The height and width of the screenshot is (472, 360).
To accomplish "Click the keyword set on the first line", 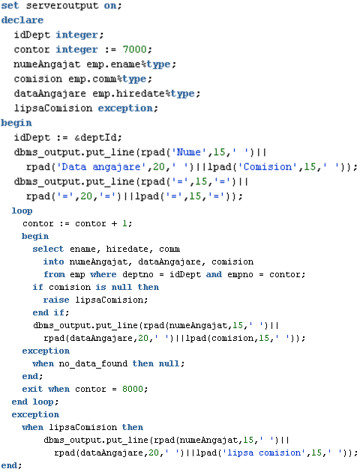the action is (x=10, y=5).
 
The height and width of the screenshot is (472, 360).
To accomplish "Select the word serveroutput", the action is (x=62, y=6).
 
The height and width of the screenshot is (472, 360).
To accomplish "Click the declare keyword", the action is (x=22, y=20).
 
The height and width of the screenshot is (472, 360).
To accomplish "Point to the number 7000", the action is (x=135, y=49).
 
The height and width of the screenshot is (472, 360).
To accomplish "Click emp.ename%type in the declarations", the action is (x=129, y=64).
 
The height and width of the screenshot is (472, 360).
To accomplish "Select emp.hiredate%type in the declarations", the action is (x=144, y=94).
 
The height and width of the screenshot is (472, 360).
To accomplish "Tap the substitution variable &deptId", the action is (x=95, y=138).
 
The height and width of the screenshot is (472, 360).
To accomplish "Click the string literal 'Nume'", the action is (x=186, y=152).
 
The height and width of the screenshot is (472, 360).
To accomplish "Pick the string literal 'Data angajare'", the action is (x=98, y=167).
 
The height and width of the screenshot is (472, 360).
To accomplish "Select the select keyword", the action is (x=48, y=249).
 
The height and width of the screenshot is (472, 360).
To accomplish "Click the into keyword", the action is (x=53, y=261).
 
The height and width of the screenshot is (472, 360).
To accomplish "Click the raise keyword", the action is (x=56, y=300).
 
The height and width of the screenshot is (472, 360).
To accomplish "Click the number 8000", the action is (x=133, y=389).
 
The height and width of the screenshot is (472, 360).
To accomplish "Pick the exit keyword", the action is (x=32, y=389).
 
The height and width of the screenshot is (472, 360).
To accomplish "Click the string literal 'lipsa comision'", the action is (x=264, y=453).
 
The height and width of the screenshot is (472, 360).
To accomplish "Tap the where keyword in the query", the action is (x=103, y=274).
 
